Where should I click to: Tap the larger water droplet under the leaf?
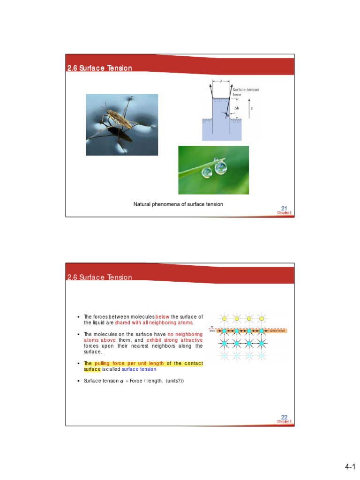[x=221, y=168]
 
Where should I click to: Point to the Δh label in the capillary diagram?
[x=237, y=108]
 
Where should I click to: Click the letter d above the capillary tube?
[x=221, y=81]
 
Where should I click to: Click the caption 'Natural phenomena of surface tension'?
[x=178, y=204]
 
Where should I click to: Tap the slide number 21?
[x=284, y=208]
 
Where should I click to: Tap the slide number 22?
[x=284, y=417]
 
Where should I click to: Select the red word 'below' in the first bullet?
[x=162, y=317]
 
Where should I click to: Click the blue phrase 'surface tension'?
[x=139, y=369]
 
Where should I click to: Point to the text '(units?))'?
[x=174, y=381]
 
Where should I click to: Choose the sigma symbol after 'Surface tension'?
[x=121, y=381]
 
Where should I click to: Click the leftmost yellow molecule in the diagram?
[x=225, y=319]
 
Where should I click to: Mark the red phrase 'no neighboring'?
[x=185, y=335]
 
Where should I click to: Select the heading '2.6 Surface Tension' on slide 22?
[x=99, y=277]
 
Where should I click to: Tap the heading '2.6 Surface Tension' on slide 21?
[x=99, y=68]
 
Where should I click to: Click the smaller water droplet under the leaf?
[x=207, y=172]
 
